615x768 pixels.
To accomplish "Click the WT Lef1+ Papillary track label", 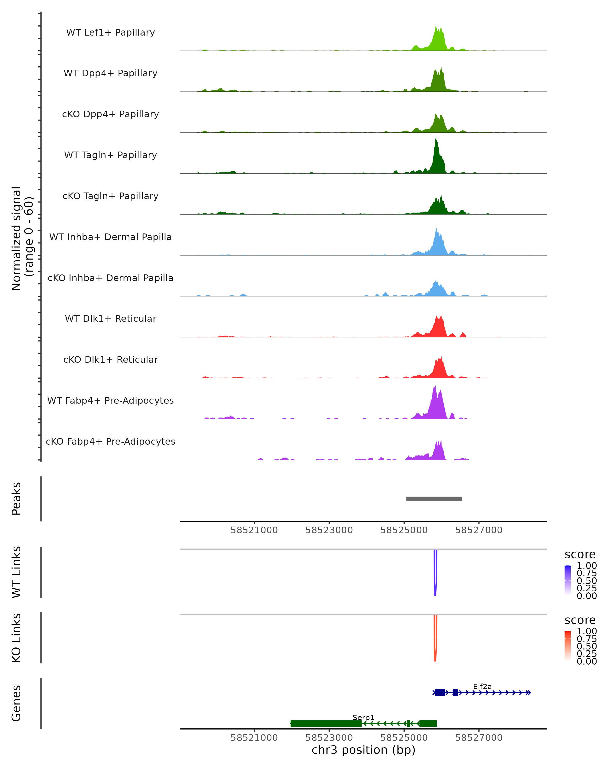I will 110,33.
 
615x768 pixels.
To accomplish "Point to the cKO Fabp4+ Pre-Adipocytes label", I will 110,441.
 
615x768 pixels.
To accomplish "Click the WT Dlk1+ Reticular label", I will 110,318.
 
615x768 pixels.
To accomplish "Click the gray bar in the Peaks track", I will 434,499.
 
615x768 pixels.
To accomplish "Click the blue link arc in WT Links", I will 435,577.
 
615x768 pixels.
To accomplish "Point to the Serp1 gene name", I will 363,717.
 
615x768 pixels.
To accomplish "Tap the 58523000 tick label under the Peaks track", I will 329,530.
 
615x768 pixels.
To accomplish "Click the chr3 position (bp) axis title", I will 363,750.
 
